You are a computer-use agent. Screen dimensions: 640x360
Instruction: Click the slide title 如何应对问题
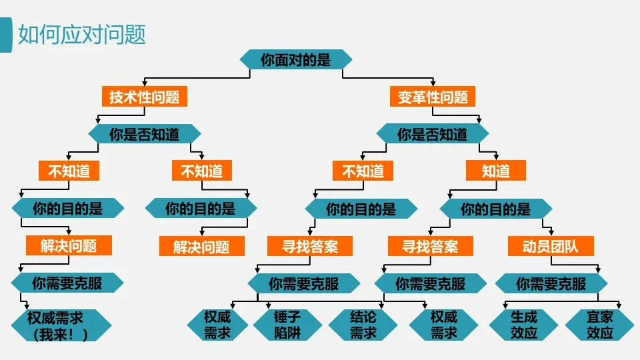(82, 34)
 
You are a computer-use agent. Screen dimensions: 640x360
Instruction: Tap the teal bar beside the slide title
(6, 35)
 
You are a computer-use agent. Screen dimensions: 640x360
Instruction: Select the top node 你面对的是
(296, 59)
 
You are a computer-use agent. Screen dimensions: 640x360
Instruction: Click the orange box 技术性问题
(145, 96)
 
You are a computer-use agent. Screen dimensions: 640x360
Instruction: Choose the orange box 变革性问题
(433, 96)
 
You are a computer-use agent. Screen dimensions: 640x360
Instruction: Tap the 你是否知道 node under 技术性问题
(145, 134)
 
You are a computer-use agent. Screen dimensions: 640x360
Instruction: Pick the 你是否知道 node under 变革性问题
(433, 134)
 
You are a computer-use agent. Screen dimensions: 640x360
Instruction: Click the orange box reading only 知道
(496, 171)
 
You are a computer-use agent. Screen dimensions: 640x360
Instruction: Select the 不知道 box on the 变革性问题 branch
(363, 171)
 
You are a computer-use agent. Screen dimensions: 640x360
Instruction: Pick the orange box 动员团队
(551, 246)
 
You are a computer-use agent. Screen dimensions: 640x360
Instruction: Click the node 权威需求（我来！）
(61, 325)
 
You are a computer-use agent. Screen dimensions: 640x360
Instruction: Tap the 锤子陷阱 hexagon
(288, 325)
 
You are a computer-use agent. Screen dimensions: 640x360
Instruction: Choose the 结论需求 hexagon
(363, 325)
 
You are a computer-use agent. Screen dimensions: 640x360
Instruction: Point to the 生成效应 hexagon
(524, 325)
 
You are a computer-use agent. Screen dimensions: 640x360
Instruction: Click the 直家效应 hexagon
(599, 325)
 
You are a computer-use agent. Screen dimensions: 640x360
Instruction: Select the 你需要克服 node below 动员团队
(551, 283)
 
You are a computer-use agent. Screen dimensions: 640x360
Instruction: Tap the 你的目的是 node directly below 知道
(496, 209)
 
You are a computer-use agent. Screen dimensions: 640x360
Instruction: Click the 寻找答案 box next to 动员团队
(430, 246)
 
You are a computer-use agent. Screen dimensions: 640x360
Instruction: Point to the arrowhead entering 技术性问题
(145, 83)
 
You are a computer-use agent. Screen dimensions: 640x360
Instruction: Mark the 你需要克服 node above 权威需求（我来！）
(67, 283)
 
